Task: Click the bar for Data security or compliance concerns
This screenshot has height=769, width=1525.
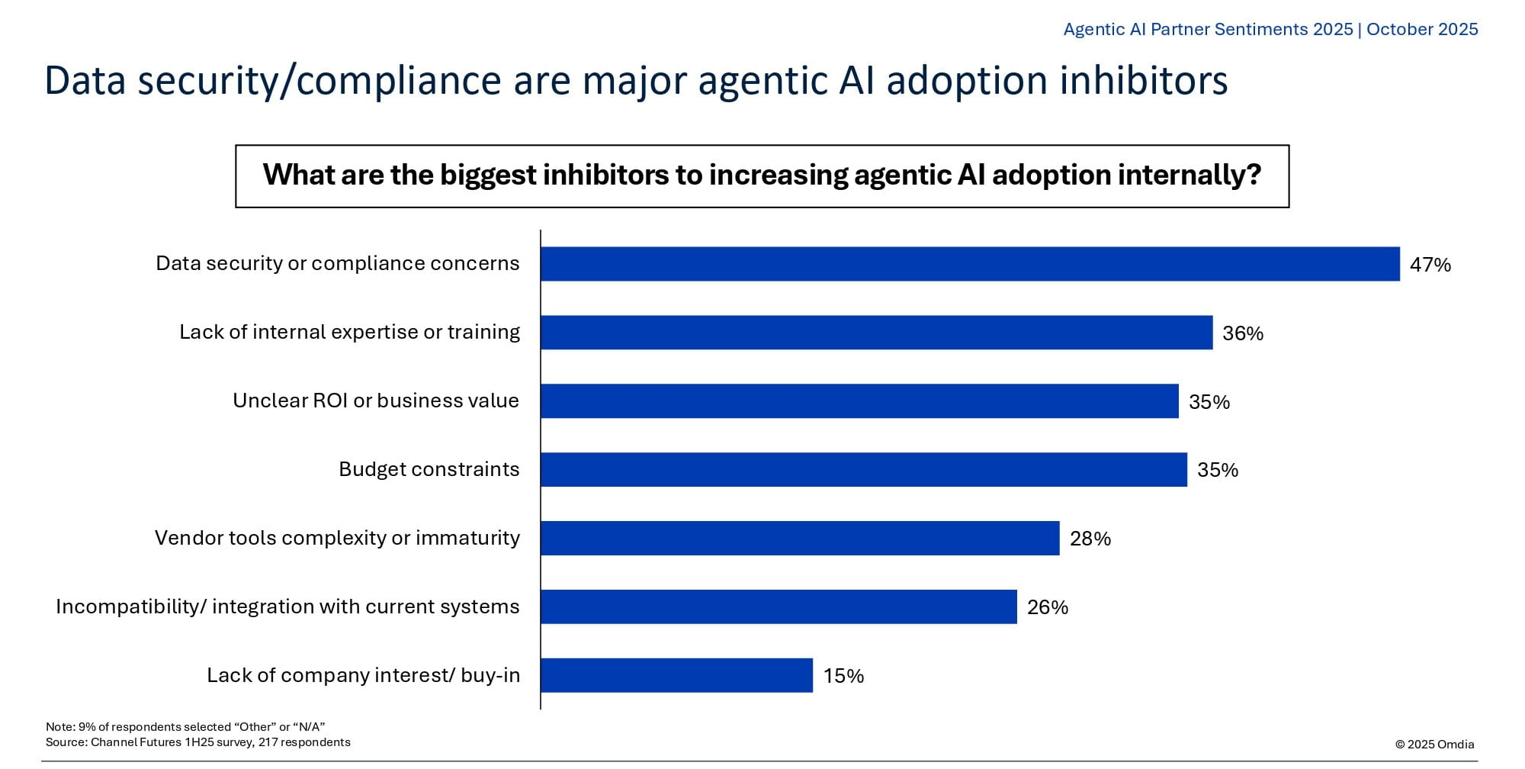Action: (x=970, y=264)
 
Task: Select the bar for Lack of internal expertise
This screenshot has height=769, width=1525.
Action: (x=876, y=333)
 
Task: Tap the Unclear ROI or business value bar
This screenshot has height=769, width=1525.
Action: (x=859, y=401)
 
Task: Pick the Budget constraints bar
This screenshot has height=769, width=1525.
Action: (x=864, y=470)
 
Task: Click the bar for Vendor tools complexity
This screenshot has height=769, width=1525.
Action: (x=800, y=539)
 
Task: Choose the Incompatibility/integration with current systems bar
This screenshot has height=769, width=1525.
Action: (x=779, y=607)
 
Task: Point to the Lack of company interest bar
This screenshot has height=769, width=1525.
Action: (x=676, y=676)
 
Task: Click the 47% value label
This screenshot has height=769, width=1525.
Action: (x=1430, y=265)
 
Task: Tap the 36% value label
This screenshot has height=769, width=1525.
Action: (x=1243, y=333)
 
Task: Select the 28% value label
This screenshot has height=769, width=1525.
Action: (x=1090, y=539)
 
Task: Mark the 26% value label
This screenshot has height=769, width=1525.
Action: (x=1048, y=607)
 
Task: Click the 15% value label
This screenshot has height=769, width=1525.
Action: (x=843, y=676)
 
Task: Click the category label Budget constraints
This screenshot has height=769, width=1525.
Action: (x=429, y=469)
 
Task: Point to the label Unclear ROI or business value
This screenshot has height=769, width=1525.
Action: (x=375, y=401)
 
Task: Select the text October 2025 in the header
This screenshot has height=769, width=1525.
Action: (x=1422, y=29)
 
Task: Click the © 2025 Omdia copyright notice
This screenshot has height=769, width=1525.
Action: (x=1434, y=745)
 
